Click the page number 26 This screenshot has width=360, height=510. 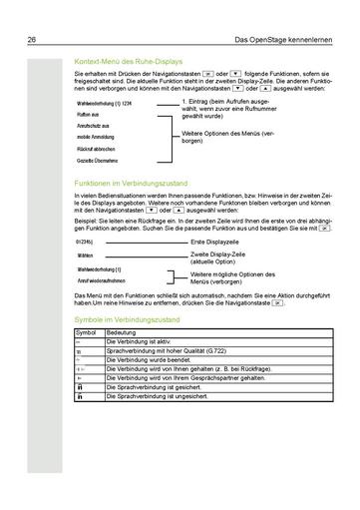32,12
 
